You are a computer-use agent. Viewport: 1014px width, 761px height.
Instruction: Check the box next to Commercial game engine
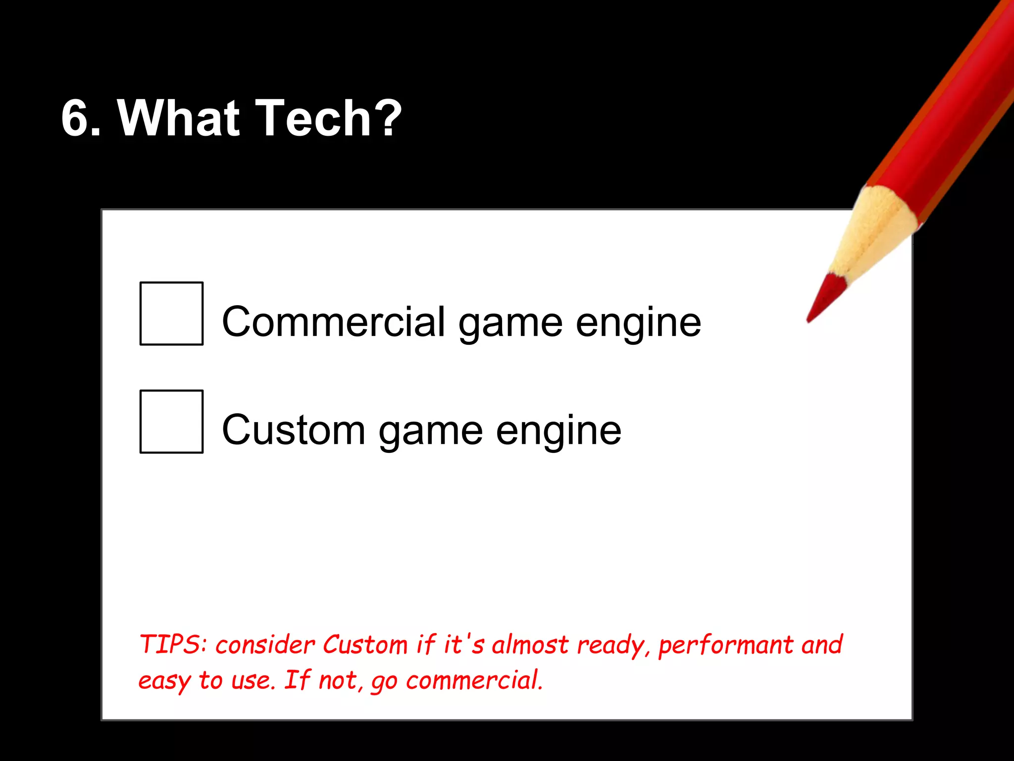(171, 313)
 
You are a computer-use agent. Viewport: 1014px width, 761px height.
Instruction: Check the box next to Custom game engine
(171, 421)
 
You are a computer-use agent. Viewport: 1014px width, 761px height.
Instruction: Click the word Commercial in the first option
(334, 322)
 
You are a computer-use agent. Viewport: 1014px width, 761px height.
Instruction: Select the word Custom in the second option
(294, 430)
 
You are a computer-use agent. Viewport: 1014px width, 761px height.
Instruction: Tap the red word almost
(530, 645)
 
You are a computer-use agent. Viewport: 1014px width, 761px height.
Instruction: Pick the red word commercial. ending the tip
(474, 680)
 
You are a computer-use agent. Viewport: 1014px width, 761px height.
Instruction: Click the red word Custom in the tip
(365, 645)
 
